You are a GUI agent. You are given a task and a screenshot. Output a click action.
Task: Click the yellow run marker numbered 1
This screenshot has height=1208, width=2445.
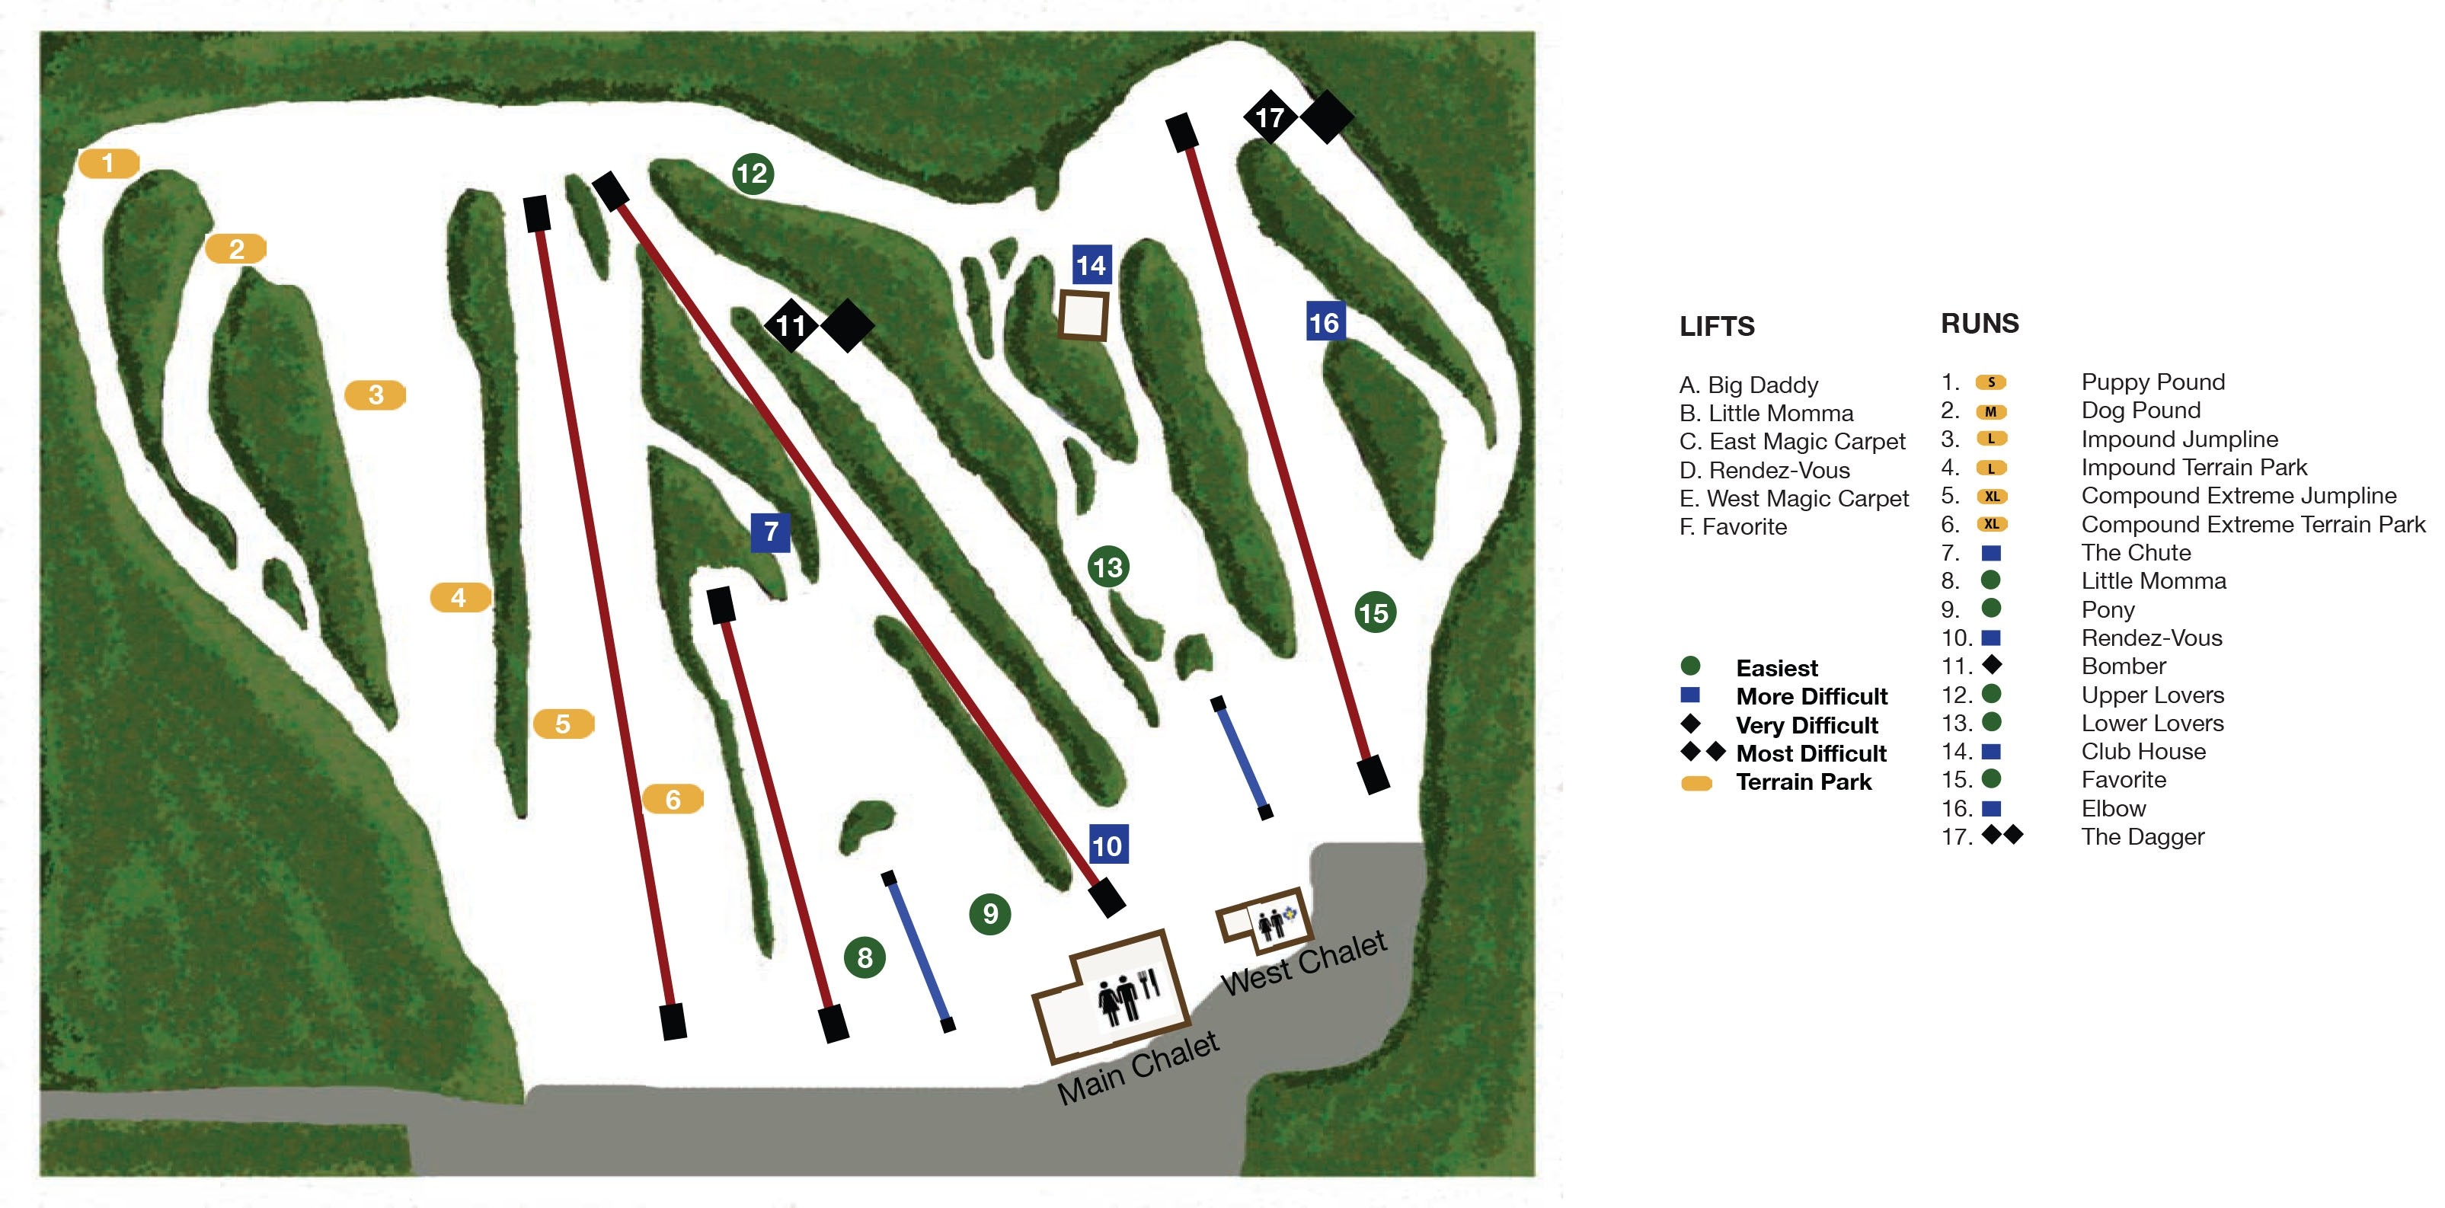tap(108, 163)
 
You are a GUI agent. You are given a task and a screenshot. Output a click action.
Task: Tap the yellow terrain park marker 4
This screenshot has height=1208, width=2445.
tap(460, 597)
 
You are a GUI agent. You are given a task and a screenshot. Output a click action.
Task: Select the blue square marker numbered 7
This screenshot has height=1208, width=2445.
tap(771, 532)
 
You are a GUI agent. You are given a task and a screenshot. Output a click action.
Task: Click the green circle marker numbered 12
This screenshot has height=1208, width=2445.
tap(753, 174)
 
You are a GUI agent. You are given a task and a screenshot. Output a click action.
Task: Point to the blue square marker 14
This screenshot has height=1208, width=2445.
tap(1091, 265)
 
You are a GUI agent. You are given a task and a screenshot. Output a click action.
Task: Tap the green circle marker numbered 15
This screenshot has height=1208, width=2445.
tap(1374, 613)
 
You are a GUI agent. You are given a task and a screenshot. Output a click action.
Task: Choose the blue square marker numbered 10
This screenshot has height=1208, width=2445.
tap(1107, 845)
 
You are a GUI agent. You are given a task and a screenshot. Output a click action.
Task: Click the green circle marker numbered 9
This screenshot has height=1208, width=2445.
tap(990, 913)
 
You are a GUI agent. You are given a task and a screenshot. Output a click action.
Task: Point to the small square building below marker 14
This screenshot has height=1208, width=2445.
tap(1084, 316)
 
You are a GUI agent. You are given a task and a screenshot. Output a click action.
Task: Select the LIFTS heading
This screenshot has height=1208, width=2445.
tap(1717, 327)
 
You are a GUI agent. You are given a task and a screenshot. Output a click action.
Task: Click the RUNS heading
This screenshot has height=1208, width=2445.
tap(1980, 324)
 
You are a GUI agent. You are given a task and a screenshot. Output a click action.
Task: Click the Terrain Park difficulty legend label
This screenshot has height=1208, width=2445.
tap(1804, 782)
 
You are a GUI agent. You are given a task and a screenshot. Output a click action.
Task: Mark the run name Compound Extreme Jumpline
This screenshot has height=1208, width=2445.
tap(2238, 495)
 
